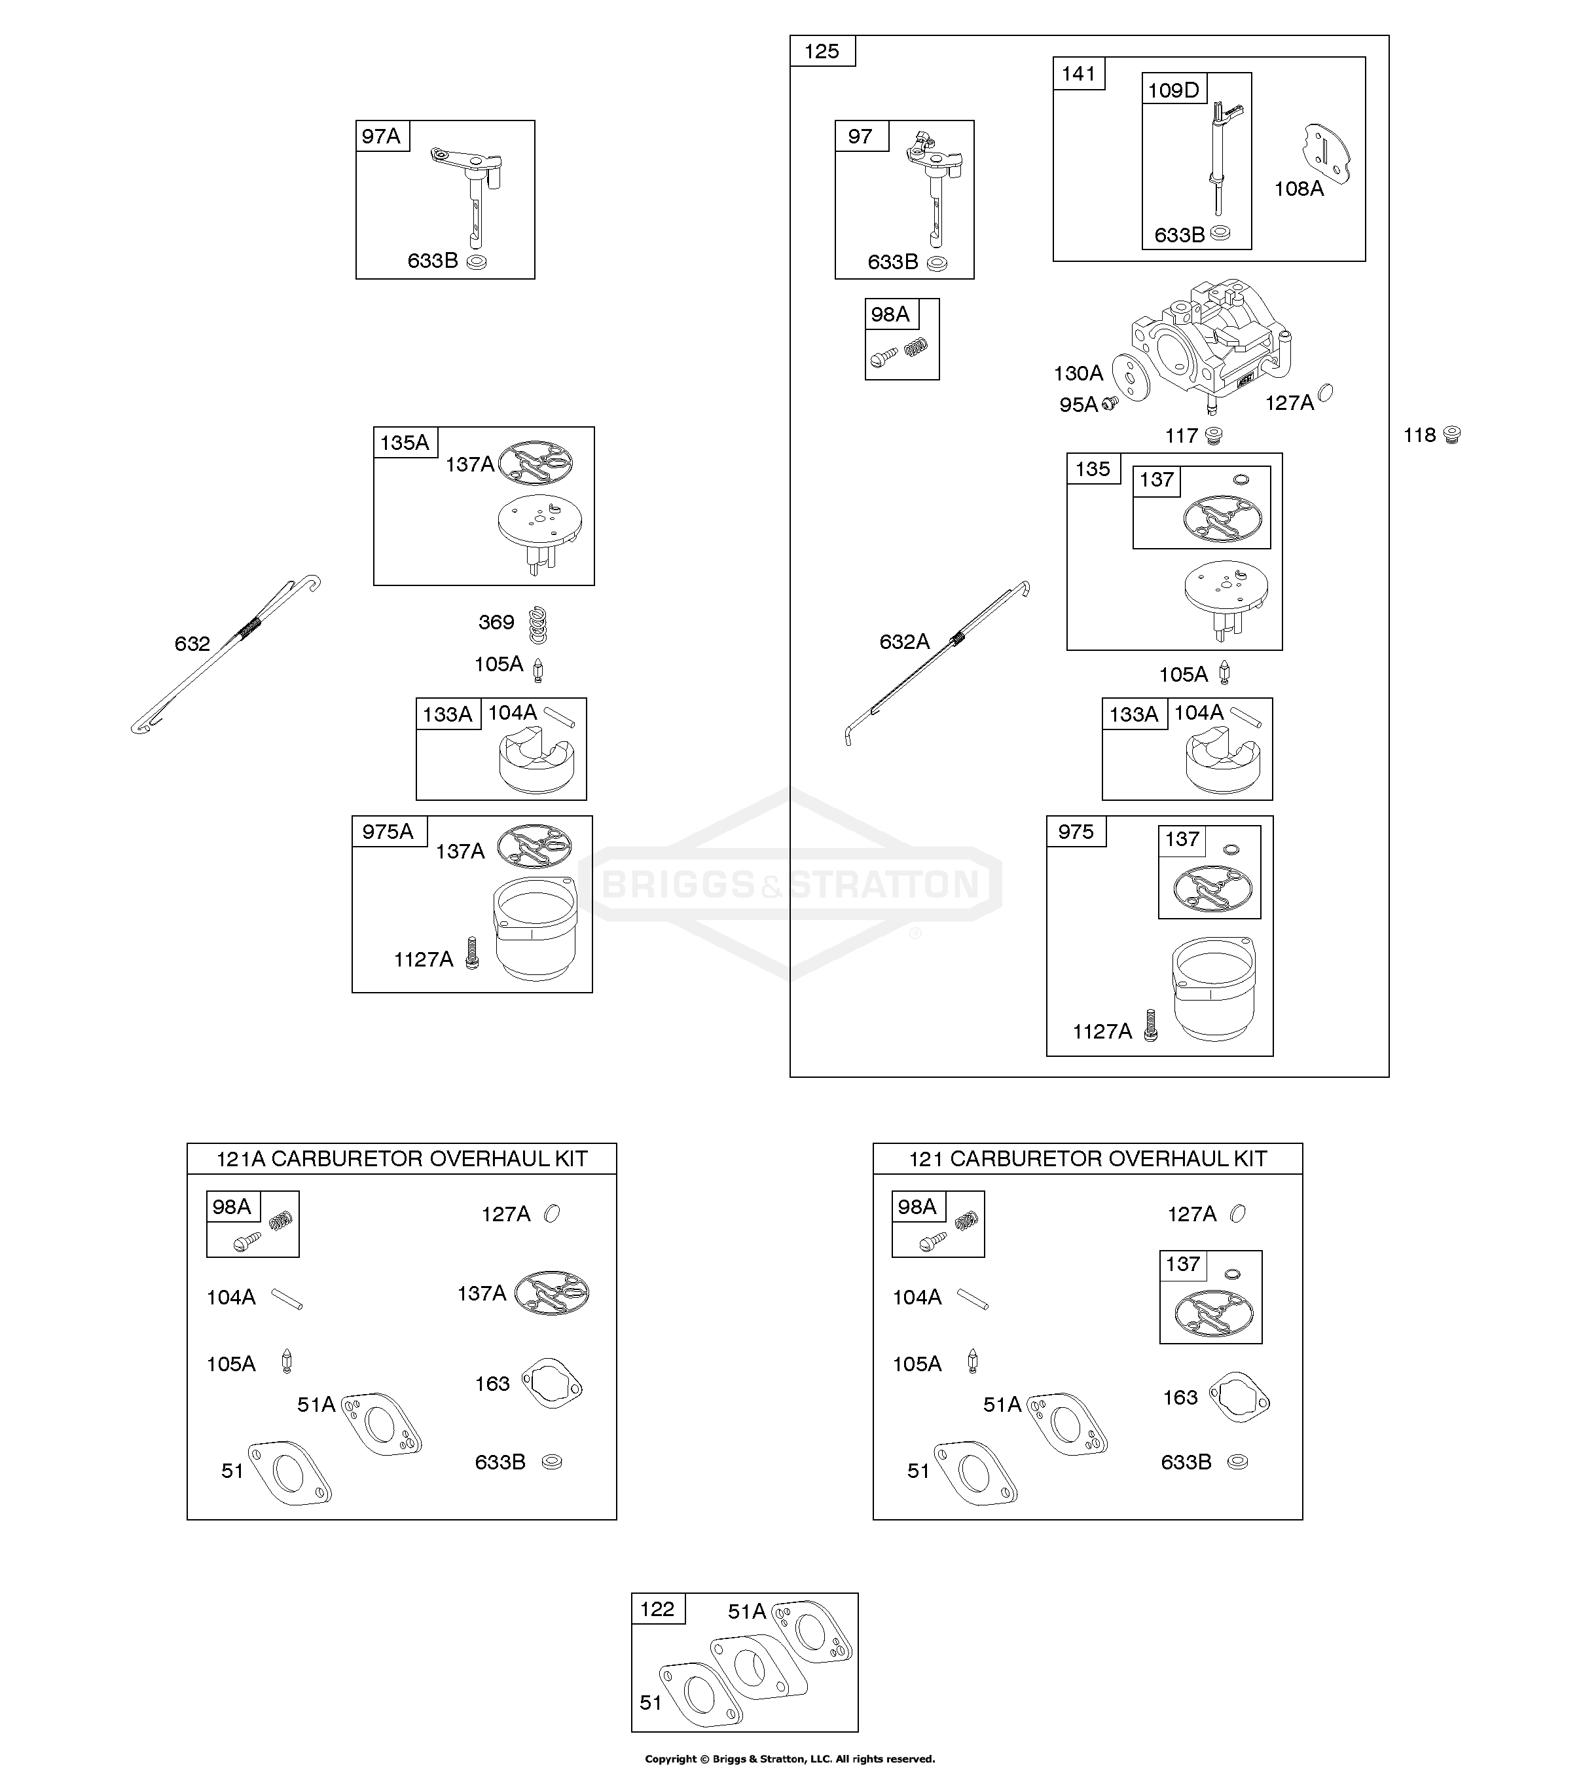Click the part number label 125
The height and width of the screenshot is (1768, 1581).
821,51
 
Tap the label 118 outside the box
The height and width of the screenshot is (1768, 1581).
1419,435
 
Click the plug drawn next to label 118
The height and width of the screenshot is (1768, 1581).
1451,434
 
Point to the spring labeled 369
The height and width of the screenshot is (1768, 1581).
539,624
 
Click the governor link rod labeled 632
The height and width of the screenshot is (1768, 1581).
226,654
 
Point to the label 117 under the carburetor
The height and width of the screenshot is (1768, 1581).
1182,436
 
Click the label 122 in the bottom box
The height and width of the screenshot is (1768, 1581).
657,1609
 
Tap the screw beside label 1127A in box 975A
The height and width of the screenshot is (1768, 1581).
473,953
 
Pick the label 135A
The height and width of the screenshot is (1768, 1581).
404,443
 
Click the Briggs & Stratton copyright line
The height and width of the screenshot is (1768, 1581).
790,1758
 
